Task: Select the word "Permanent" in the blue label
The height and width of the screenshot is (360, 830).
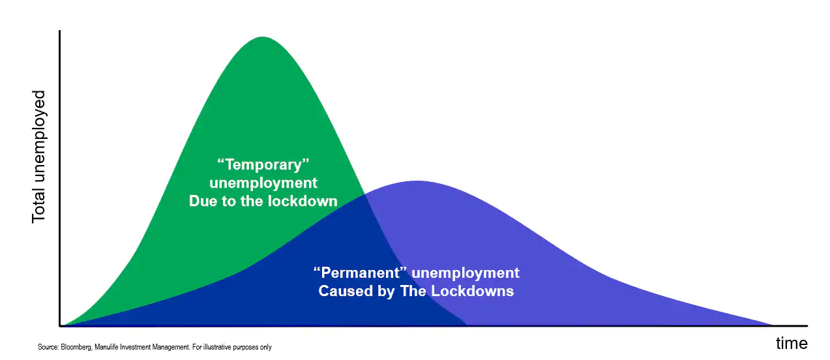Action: click(360, 273)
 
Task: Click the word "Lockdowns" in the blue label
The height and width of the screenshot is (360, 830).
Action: click(473, 291)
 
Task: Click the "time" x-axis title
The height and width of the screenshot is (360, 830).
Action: click(792, 343)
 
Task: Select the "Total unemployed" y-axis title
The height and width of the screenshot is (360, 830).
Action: click(38, 157)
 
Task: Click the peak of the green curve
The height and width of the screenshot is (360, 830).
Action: click(262, 37)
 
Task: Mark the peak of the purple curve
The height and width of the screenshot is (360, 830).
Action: click(418, 181)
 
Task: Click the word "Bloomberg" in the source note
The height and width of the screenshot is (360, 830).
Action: click(76, 347)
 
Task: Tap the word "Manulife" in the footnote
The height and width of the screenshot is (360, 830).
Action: click(106, 347)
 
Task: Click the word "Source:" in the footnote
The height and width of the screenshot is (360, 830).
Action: click(48, 347)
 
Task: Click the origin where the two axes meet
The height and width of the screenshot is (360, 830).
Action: click(60, 326)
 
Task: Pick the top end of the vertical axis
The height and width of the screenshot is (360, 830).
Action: click(59, 31)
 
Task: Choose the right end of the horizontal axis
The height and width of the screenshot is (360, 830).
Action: click(807, 326)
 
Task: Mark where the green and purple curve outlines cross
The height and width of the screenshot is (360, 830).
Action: click(365, 194)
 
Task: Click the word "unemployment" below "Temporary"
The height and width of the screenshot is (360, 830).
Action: click(263, 183)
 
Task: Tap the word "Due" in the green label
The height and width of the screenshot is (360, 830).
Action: click(203, 201)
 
